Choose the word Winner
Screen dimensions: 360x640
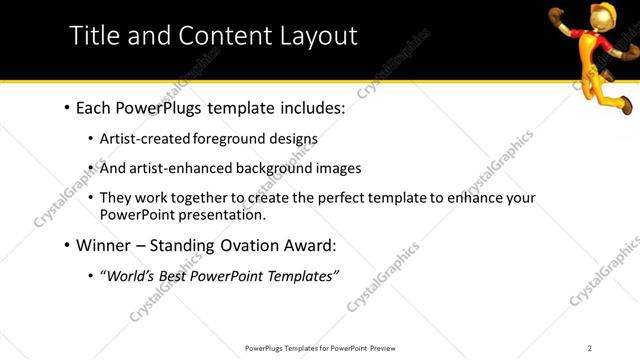tap(105, 245)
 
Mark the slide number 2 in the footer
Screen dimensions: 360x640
tap(590, 348)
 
